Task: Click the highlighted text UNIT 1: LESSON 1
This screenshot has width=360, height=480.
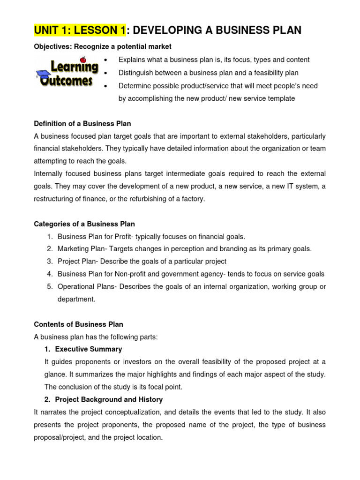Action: coord(80,31)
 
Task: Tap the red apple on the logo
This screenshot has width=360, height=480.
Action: coord(83,60)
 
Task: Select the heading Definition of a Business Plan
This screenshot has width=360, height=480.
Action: coord(82,124)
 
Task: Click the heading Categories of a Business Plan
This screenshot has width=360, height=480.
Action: coord(84,224)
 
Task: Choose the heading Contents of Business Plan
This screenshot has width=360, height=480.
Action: coord(79,324)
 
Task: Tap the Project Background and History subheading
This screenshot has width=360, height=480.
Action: coord(109,399)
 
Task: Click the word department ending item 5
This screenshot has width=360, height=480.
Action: coord(76,299)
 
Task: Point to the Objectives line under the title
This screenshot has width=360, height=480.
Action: coord(103,46)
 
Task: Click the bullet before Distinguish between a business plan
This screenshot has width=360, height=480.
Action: coord(107,73)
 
